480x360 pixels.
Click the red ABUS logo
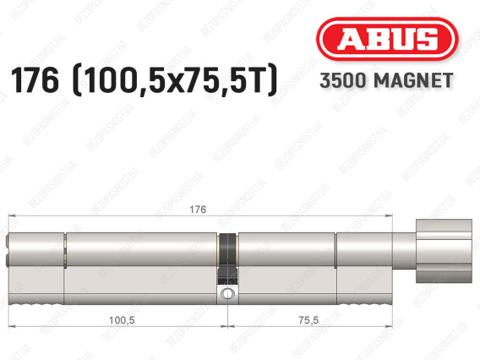pos(387,39)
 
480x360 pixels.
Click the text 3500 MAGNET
pos(386,80)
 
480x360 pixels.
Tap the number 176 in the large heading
pos(35,80)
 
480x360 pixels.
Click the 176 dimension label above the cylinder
pos(198,210)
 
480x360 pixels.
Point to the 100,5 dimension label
pos(122,320)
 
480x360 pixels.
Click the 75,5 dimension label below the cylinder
pos(308,320)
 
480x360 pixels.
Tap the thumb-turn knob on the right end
pos(444,251)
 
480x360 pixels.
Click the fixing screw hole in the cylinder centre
pos(226,293)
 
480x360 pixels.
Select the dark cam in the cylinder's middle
pos(228,259)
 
